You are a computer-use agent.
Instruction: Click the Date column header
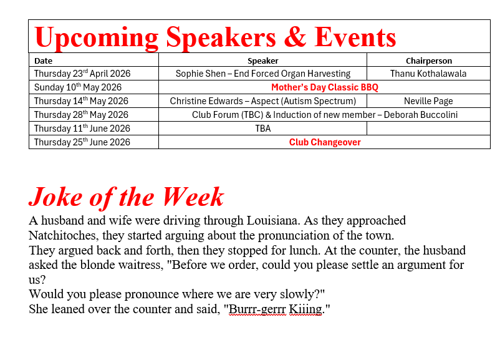click(x=43, y=61)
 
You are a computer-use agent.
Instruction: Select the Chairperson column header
click(x=429, y=61)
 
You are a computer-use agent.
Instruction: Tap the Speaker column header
click(x=262, y=61)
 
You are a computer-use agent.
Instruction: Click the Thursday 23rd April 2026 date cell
click(x=82, y=74)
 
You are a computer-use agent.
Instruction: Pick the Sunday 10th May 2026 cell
click(x=78, y=87)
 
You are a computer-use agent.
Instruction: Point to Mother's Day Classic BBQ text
click(x=325, y=87)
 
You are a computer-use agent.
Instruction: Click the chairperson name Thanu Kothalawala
click(x=428, y=74)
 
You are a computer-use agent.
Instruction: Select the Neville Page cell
click(x=428, y=101)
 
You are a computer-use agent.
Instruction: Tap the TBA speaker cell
click(x=262, y=129)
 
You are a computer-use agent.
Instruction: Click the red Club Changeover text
click(x=325, y=142)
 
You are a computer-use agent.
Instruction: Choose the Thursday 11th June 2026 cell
click(x=82, y=129)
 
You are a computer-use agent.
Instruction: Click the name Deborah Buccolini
click(x=421, y=115)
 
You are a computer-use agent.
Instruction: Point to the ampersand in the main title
click(x=295, y=37)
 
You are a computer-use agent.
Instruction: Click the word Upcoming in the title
click(x=96, y=38)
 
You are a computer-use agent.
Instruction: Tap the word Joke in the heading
click(x=56, y=197)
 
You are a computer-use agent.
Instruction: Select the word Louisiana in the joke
click(x=273, y=220)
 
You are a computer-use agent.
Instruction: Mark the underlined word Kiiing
click(x=305, y=309)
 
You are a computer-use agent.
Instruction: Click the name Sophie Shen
click(x=201, y=74)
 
